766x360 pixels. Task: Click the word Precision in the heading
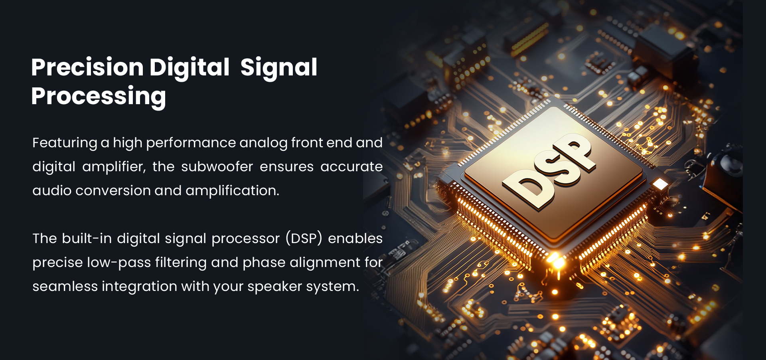87,67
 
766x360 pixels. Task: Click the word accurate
351,167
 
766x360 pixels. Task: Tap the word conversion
113,191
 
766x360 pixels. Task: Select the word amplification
232,191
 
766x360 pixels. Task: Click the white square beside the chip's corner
660,184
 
